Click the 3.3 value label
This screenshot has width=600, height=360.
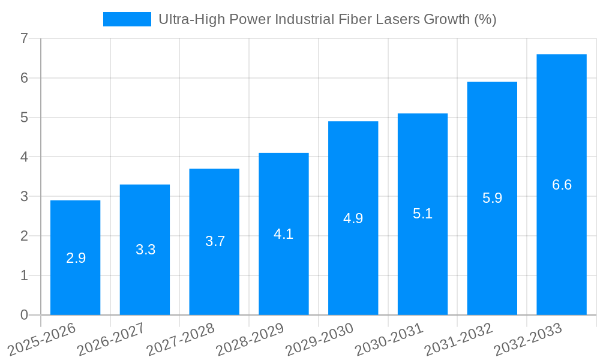145,250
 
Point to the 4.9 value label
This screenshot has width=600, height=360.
353,218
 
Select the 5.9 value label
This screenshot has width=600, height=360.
492,198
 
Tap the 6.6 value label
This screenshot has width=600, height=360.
562,185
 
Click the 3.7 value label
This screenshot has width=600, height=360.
215,241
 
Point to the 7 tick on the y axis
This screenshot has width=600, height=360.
24,38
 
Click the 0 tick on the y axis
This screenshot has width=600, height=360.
24,315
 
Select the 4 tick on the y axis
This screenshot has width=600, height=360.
24,157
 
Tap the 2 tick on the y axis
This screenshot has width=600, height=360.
24,236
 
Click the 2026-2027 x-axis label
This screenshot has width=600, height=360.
112,338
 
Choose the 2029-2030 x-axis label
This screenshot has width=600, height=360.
320,338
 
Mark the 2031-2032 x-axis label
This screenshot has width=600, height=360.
459,338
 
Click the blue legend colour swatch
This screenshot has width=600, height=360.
127,19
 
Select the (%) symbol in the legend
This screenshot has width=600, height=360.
485,19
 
